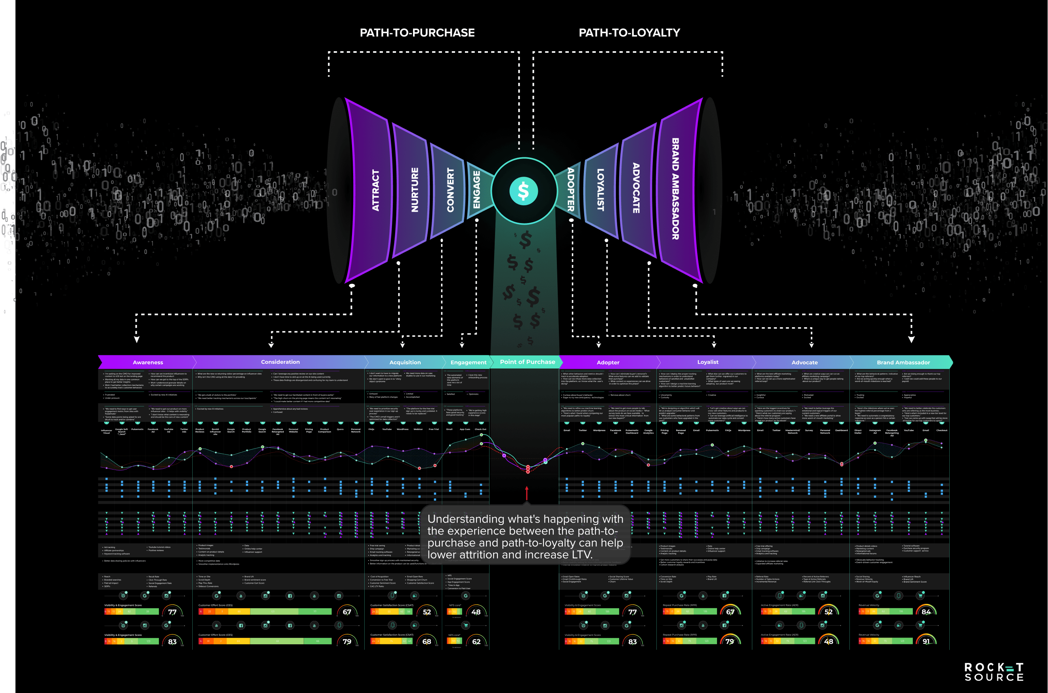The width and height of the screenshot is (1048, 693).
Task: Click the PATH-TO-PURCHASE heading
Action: pyautogui.click(x=417, y=33)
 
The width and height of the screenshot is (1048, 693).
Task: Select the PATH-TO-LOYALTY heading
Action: pyautogui.click(x=629, y=33)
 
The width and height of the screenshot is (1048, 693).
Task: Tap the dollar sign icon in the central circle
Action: pyautogui.click(x=523, y=191)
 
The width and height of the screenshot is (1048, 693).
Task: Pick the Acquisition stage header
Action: pyautogui.click(x=405, y=363)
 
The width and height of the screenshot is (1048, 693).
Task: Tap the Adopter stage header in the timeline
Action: pyautogui.click(x=608, y=363)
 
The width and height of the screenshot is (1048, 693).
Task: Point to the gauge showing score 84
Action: pyautogui.click(x=926, y=612)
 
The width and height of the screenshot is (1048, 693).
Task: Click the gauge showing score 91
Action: pyautogui.click(x=926, y=641)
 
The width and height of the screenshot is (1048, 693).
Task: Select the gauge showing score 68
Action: pyautogui.click(x=426, y=641)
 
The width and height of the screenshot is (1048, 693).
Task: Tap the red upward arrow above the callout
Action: pyautogui.click(x=526, y=493)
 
